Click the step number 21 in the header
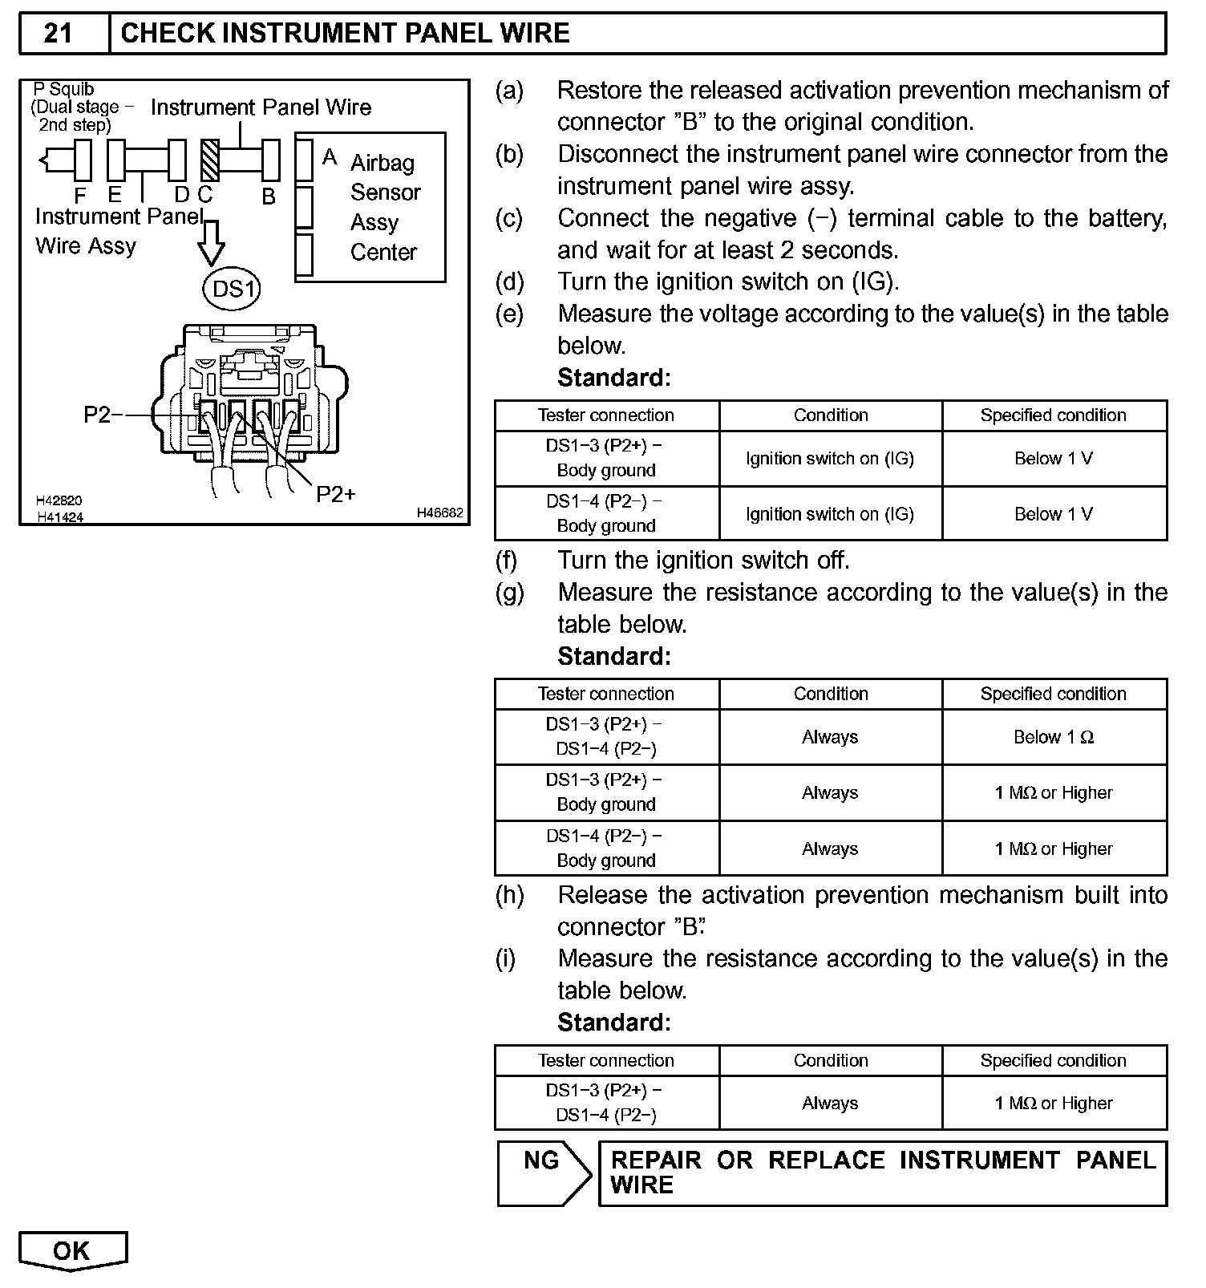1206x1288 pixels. tap(58, 33)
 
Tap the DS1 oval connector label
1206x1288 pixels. tap(233, 288)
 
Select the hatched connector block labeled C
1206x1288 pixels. tap(210, 160)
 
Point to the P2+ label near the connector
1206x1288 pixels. tap(336, 494)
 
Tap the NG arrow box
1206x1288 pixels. tap(544, 1172)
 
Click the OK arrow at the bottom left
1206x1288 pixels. tap(72, 1250)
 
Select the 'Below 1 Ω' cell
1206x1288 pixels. tap(1054, 737)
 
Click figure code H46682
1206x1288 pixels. tap(439, 513)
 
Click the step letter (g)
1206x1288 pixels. tap(509, 593)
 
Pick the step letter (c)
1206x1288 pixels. tap(509, 218)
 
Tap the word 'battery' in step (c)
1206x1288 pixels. tap(1127, 218)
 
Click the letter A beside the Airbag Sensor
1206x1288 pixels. tap(330, 157)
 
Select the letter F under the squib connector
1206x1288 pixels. tap(80, 196)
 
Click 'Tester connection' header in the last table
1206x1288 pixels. tap(605, 1060)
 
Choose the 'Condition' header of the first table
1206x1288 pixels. tap(831, 415)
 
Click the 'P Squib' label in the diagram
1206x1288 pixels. tap(64, 89)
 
